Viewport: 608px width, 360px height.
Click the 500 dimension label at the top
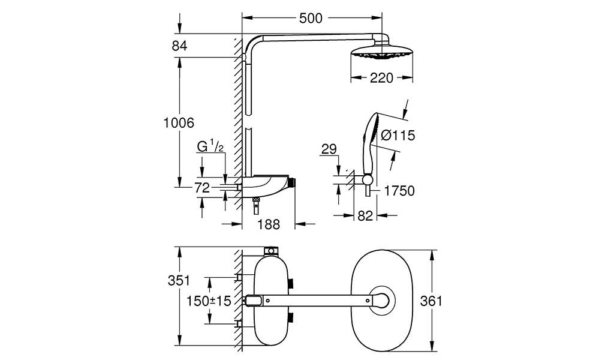click(x=311, y=18)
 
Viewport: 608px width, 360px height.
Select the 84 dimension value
click(x=179, y=46)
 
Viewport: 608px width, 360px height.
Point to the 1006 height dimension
click(x=178, y=123)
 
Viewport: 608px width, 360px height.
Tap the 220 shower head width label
click(x=381, y=78)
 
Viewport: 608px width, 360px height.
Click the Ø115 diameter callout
click(x=398, y=135)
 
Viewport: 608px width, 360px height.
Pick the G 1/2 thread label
click(x=210, y=146)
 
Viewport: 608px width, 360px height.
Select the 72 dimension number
click(x=202, y=188)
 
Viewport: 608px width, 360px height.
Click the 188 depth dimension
click(x=269, y=224)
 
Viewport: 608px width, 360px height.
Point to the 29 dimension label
click(x=329, y=149)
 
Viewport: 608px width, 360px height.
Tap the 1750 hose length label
click(x=399, y=191)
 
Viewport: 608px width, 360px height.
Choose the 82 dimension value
click(x=365, y=215)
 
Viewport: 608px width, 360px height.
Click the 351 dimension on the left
click(x=179, y=280)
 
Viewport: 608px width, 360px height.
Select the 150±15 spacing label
click(x=209, y=301)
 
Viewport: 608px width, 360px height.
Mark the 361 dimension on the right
click(x=431, y=301)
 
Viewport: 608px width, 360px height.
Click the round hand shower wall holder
click(x=367, y=179)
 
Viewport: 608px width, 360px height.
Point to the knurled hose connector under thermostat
click(x=256, y=200)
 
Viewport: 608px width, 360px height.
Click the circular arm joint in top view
click(x=382, y=300)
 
